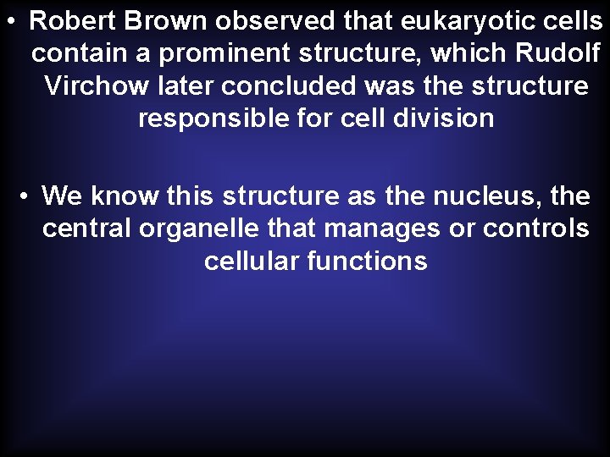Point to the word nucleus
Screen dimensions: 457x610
pyautogui.click(x=487, y=196)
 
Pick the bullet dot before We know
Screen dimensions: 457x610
pyautogui.click(x=26, y=197)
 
